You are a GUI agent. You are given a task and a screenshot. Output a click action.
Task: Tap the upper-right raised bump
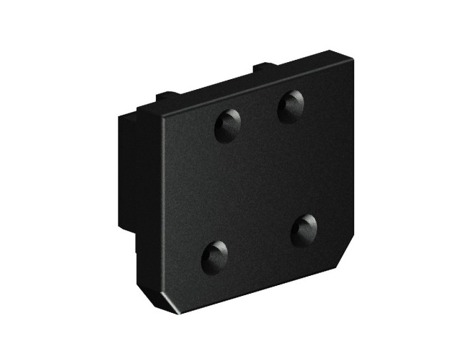[290, 106]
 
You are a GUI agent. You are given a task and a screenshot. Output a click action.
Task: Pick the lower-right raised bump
[305, 230]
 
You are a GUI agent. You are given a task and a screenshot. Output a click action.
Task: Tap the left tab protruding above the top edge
[165, 95]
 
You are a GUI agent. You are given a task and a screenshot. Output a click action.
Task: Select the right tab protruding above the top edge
[262, 68]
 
